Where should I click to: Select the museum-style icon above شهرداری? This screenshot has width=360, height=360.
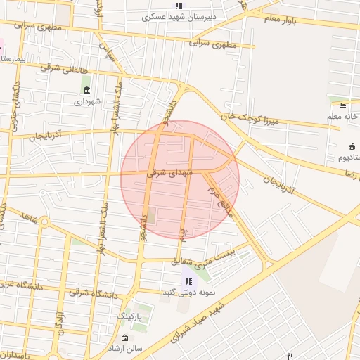(86, 90)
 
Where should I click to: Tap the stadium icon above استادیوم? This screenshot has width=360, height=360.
(352, 147)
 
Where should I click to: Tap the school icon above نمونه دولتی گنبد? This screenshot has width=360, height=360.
(188, 281)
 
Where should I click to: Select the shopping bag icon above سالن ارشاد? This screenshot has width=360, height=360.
(125, 338)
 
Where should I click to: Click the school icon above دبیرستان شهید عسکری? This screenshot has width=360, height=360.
(179, 6)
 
